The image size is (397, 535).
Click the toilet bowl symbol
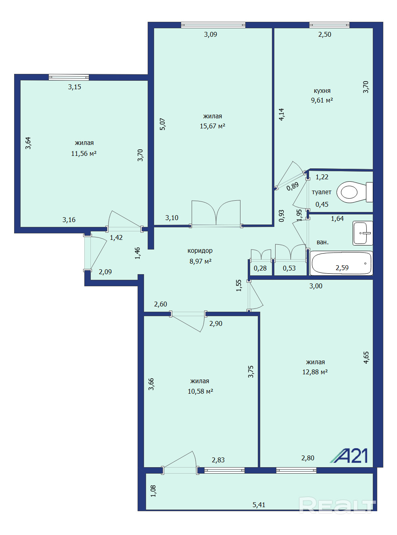coord(355,192)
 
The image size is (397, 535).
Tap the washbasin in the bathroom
coord(363,233)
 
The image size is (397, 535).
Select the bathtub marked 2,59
coord(341,263)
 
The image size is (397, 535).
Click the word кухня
coord(322,91)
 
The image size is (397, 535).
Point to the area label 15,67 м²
coord(212,126)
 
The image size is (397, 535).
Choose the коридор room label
coord(200,251)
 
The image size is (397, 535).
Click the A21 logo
coord(349,455)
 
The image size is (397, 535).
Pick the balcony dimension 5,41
coord(259,505)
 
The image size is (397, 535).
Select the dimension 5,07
coord(163,124)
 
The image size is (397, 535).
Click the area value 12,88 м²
coord(315,372)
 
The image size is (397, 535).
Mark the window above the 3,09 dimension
coord(213,25)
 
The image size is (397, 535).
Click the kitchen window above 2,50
coord(329,25)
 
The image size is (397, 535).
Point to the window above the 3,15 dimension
coord(69,77)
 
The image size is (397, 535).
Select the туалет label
coord(322,192)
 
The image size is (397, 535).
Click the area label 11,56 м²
coord(84,153)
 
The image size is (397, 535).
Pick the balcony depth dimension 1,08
coord(153,491)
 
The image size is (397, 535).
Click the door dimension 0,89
coord(293,186)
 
